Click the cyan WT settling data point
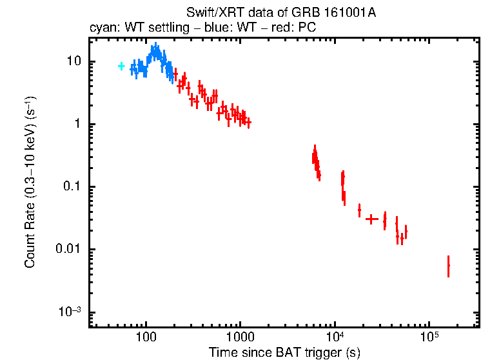[x=121, y=66]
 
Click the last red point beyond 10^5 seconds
[x=448, y=266]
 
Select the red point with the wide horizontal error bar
[x=371, y=219]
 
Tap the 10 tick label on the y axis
[x=72, y=61]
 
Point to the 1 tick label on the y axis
[x=75, y=124]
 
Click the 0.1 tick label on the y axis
[x=70, y=187]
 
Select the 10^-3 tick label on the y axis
[x=69, y=312]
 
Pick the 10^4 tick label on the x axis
[x=335, y=337]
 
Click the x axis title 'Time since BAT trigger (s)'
[x=284, y=352]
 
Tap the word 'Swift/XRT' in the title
[x=208, y=12]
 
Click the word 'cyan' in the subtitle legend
[x=100, y=28]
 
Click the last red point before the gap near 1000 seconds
[x=248, y=122]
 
